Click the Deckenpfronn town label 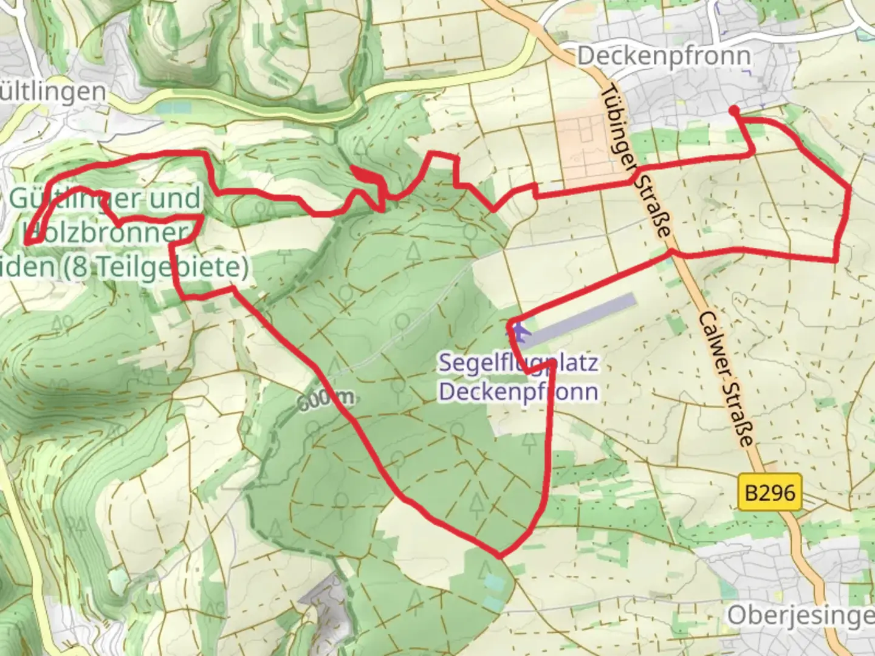(664, 56)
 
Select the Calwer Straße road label (727, 380)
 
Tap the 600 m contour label (325, 399)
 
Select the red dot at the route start (734, 110)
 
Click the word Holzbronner (105, 233)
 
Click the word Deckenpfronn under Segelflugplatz (518, 392)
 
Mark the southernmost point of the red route (499, 555)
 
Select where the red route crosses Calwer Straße (672, 252)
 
